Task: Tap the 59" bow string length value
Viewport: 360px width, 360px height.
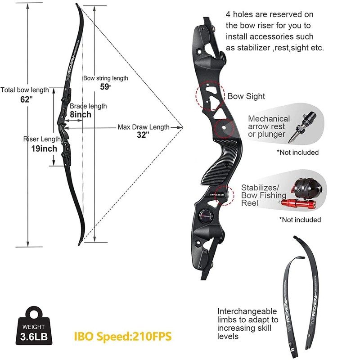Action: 105,87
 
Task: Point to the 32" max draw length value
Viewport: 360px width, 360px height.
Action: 143,135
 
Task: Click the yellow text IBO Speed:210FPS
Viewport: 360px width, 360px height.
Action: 123,335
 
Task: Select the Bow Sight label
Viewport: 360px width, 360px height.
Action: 246,96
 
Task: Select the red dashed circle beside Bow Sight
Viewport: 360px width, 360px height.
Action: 210,95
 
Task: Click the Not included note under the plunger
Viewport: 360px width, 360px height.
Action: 297,152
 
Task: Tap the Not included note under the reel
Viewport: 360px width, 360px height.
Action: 300,220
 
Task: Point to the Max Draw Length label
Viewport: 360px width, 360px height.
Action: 144,127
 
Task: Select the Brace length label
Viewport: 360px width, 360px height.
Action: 88,106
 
